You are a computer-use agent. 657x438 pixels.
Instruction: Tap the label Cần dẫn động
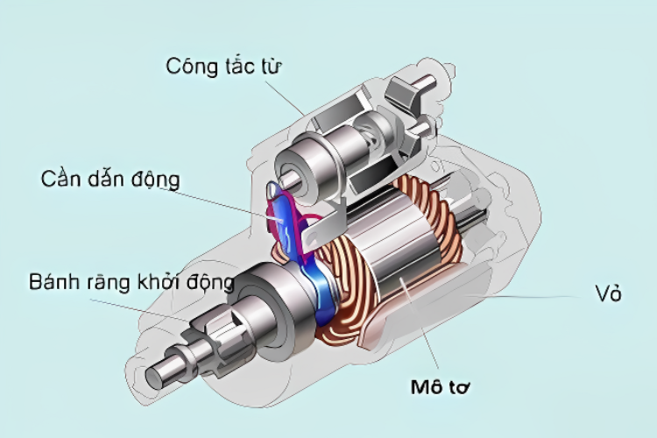point(110,180)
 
